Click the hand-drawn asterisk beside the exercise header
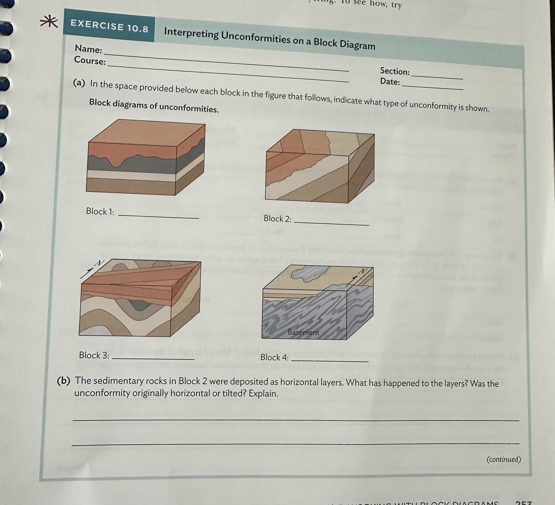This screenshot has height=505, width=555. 49,22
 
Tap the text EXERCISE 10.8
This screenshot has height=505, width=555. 109,26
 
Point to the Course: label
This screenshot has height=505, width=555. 90,60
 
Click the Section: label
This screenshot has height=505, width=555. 395,71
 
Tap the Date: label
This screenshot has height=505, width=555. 390,82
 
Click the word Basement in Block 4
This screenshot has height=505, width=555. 303,332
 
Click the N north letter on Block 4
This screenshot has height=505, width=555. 363,271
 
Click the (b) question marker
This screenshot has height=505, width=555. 64,381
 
